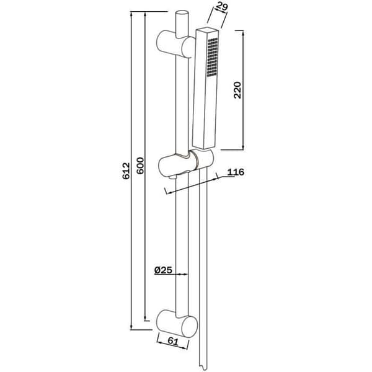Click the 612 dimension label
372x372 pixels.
[x=126, y=170]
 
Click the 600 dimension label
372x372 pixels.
[x=140, y=166]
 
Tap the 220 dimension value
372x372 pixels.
[x=237, y=90]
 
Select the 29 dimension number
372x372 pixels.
[x=222, y=6]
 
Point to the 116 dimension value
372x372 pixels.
[x=236, y=172]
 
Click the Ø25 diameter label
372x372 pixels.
[x=163, y=270]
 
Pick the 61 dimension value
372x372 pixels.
[x=173, y=341]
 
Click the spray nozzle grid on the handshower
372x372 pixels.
[x=212, y=57]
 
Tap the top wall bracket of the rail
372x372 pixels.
[x=176, y=44]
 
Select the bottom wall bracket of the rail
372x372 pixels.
[x=177, y=324]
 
